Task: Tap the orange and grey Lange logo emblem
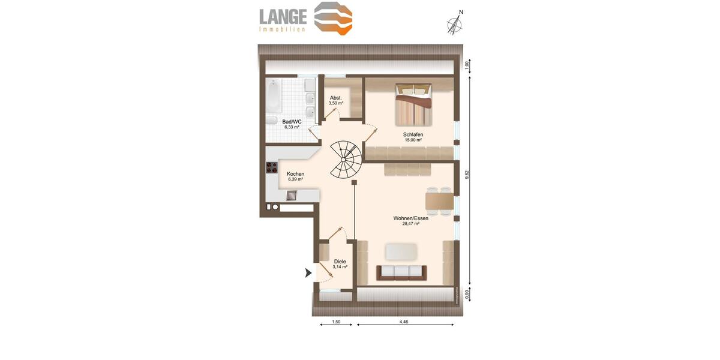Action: click(334, 18)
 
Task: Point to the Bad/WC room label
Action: click(292, 121)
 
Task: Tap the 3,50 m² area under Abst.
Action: click(335, 103)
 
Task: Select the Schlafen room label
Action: click(413, 134)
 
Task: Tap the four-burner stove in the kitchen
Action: click(272, 169)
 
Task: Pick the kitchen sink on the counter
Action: click(292, 194)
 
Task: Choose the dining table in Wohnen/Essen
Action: click(439, 200)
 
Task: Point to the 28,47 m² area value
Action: click(410, 224)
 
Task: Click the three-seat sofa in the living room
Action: click(402, 272)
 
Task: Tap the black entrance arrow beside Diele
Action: click(308, 273)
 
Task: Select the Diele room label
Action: click(340, 262)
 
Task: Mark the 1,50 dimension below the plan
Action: click(335, 322)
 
